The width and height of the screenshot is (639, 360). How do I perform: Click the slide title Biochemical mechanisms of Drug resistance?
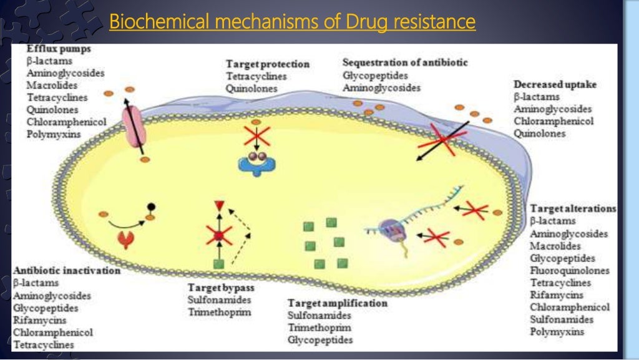tap(292, 22)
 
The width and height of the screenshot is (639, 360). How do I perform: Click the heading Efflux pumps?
tap(58, 49)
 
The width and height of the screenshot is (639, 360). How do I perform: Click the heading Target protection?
tap(267, 64)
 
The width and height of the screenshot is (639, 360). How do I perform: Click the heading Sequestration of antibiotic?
tap(404, 62)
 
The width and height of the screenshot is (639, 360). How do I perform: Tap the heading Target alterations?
tap(573, 208)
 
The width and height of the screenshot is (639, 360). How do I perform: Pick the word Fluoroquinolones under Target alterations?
tap(569, 271)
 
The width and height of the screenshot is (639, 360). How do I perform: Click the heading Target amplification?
tap(337, 303)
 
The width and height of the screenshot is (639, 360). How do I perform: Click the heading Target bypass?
tap(221, 288)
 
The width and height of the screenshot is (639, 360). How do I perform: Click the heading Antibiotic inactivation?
tap(66, 271)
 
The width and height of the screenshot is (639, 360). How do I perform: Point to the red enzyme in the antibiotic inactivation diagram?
tap(127, 239)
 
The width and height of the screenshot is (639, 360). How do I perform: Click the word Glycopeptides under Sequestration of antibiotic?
tap(375, 75)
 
